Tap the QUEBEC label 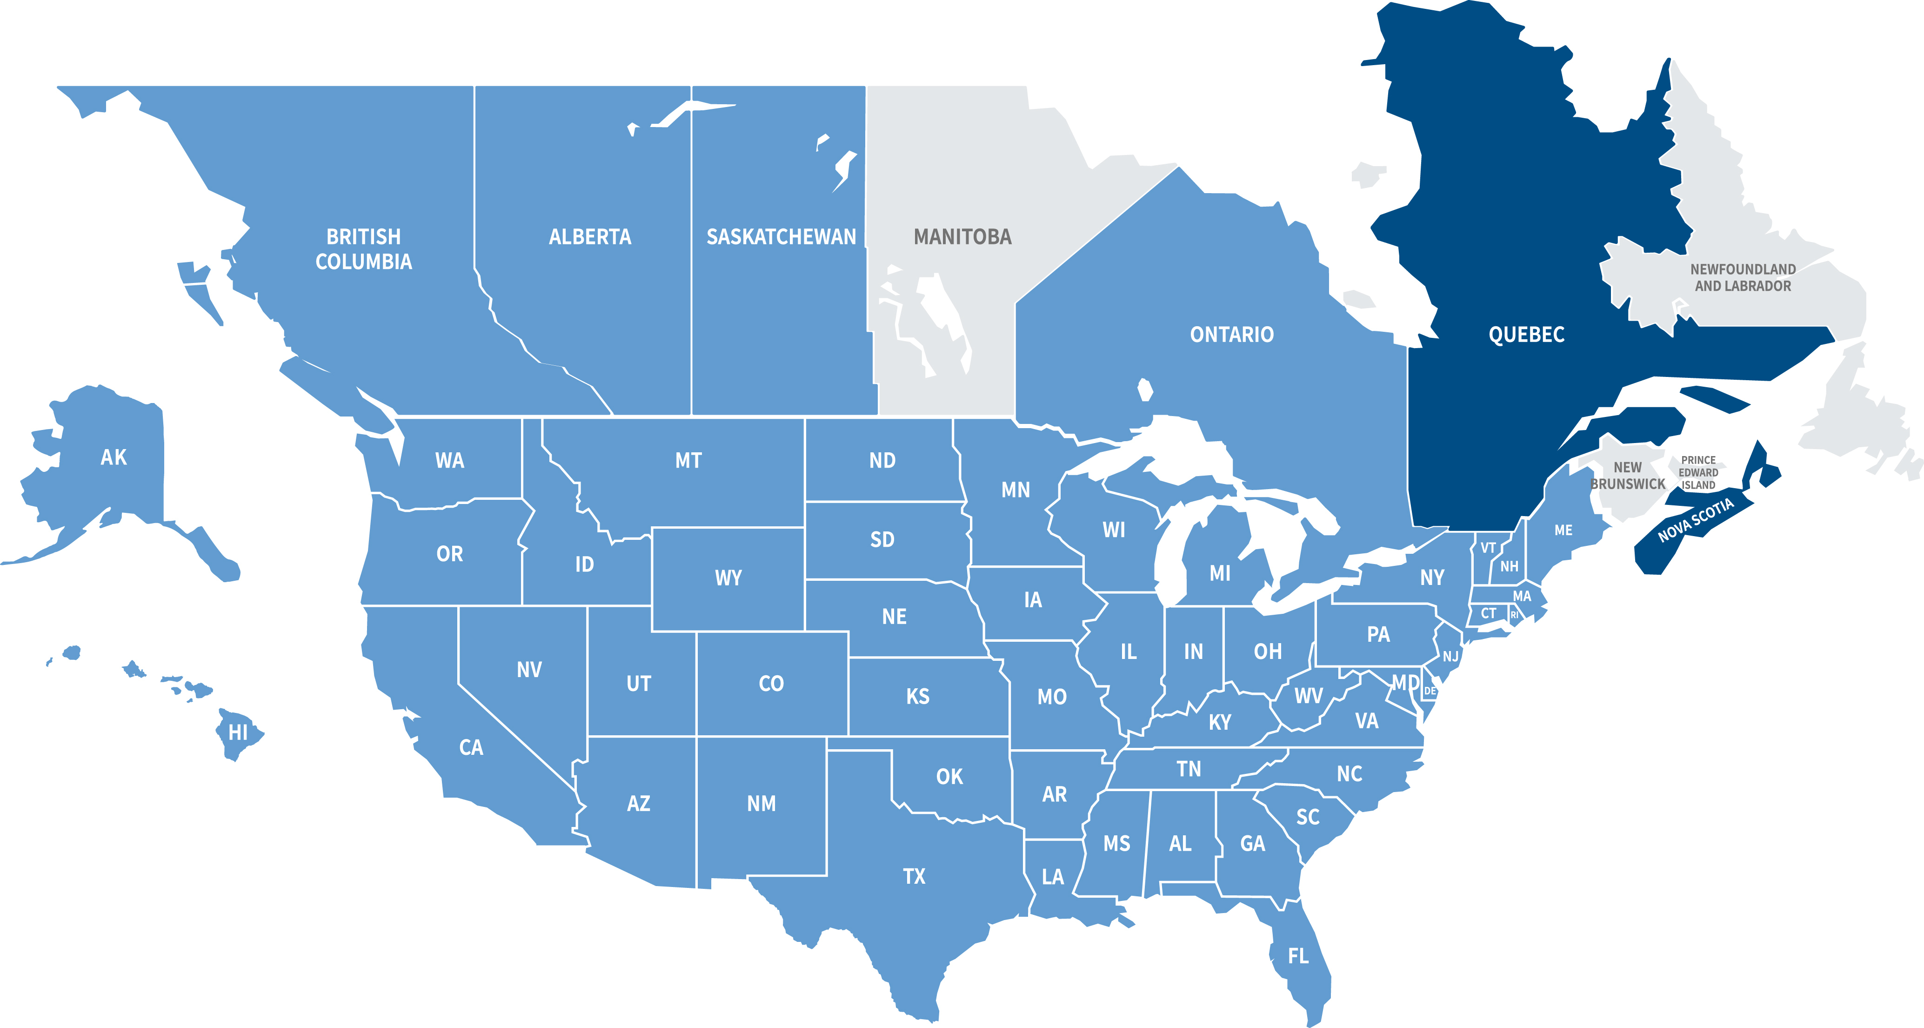pos(1526,334)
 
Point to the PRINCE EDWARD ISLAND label pos(1698,472)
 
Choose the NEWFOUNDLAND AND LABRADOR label pos(1743,277)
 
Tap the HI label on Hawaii pos(238,732)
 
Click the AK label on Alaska pos(114,457)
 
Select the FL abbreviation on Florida pos(1298,955)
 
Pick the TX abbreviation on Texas pos(914,876)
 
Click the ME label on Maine pos(1563,531)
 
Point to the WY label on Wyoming pos(728,578)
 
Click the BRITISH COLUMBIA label pos(364,249)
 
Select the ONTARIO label pos(1232,334)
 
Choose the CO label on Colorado pos(771,684)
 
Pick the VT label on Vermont pos(1488,548)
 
